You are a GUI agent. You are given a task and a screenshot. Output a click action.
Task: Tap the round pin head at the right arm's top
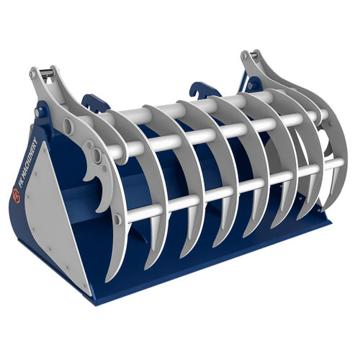244,56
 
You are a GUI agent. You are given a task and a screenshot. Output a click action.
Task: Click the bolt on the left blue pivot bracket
37,112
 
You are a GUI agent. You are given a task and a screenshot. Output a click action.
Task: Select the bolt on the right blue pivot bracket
251,85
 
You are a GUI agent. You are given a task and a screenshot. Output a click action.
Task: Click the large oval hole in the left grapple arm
68,125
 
